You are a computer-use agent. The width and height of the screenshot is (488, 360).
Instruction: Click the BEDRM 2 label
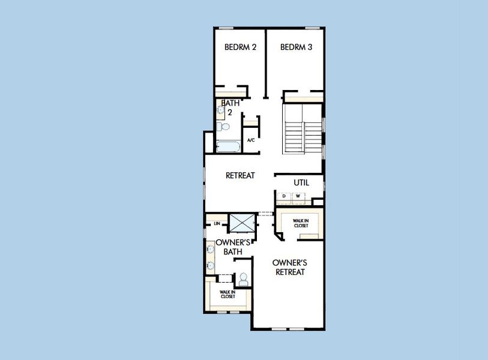(241, 47)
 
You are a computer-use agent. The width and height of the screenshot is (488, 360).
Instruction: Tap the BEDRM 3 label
(297, 47)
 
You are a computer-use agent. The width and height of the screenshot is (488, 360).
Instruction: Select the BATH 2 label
(230, 107)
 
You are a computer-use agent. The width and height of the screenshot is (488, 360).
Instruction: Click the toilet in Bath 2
(223, 127)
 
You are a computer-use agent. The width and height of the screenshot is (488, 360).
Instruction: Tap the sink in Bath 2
(220, 110)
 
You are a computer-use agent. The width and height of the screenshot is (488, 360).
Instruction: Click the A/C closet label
(251, 140)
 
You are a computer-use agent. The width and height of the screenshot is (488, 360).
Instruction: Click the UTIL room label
(301, 182)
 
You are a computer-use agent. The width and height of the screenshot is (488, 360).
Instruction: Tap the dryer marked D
(285, 196)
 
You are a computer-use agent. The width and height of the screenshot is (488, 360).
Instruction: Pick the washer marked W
(297, 196)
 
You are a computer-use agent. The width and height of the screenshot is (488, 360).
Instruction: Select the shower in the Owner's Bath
(242, 223)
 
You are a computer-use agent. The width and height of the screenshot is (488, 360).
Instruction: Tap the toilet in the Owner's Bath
(243, 278)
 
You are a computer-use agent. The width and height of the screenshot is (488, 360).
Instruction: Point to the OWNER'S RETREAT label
(290, 267)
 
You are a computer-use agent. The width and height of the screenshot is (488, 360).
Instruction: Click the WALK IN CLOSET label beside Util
(301, 223)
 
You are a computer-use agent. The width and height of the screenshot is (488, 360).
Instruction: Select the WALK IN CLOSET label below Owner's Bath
(227, 294)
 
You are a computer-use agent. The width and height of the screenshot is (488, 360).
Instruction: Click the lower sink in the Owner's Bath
(211, 265)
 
